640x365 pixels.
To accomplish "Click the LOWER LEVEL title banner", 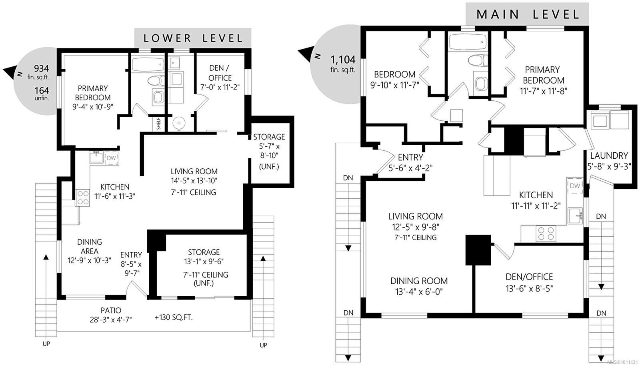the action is coord(193,38).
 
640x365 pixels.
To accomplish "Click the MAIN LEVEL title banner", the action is coord(527,14).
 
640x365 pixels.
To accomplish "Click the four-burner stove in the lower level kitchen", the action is coord(82,197).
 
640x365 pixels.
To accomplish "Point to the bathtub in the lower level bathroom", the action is coord(148,65).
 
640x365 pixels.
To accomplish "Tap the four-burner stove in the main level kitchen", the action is coord(546,233).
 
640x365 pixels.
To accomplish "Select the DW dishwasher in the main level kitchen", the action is coord(575,186).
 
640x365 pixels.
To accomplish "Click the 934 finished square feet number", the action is coord(42,68).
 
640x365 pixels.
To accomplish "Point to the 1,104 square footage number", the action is coord(343,60).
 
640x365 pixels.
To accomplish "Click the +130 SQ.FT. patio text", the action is coord(174,317).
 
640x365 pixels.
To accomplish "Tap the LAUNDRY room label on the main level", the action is coord(609,156).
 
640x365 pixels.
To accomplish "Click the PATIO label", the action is coord(111,310).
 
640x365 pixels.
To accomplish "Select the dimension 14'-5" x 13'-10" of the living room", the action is coord(194,180).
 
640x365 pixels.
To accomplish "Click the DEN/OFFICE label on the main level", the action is coord(529,277).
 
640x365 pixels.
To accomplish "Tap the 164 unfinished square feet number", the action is coord(42,90).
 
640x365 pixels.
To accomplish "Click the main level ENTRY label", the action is coord(410,158).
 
